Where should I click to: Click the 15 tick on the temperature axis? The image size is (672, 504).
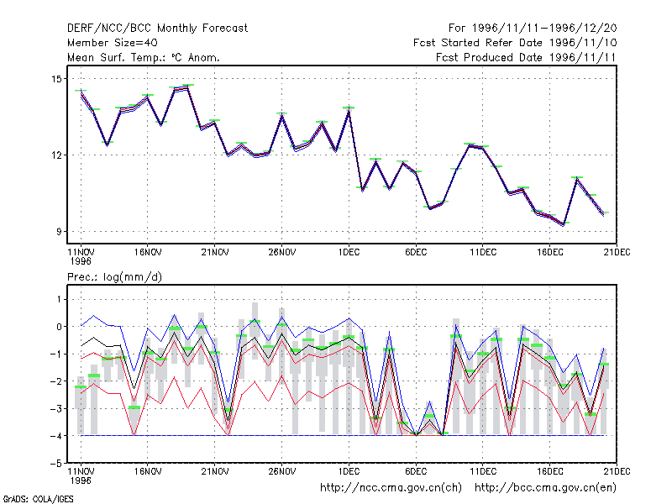(x=56, y=79)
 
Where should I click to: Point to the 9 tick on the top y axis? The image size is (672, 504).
(x=59, y=232)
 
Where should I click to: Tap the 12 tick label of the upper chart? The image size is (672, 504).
(x=56, y=155)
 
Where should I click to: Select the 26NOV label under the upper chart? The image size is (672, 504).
(x=282, y=253)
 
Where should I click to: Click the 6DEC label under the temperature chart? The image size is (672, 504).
(x=416, y=253)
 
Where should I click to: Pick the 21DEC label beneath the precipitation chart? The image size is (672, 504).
(x=617, y=471)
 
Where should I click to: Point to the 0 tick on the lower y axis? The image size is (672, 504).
(x=59, y=327)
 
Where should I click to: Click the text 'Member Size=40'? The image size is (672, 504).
(x=113, y=43)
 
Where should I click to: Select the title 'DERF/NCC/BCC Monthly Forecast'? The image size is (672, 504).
(x=157, y=29)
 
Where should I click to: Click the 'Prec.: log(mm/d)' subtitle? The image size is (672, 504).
(x=114, y=277)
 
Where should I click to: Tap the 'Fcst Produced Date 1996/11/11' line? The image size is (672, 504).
(x=526, y=57)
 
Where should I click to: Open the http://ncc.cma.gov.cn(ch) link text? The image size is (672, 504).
(x=391, y=488)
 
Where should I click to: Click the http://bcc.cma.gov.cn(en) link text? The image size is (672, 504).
(x=545, y=488)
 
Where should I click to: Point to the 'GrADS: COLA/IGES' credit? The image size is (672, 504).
(x=38, y=499)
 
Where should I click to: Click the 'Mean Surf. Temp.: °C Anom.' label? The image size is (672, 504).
(x=143, y=57)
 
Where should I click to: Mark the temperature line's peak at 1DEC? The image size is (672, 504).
(x=349, y=112)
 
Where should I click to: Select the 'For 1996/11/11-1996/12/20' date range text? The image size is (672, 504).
(x=533, y=29)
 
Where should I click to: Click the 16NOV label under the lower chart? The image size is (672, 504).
(x=148, y=471)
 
